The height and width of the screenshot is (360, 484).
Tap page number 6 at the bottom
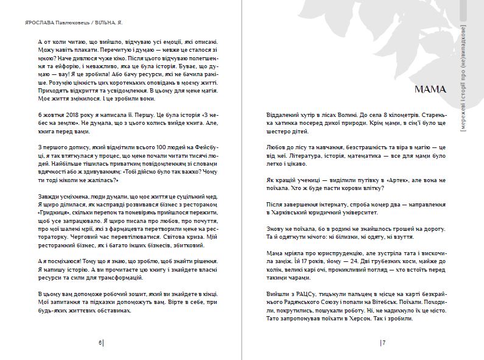[x=100, y=343]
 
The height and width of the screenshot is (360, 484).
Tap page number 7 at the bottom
[x=384, y=343]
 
